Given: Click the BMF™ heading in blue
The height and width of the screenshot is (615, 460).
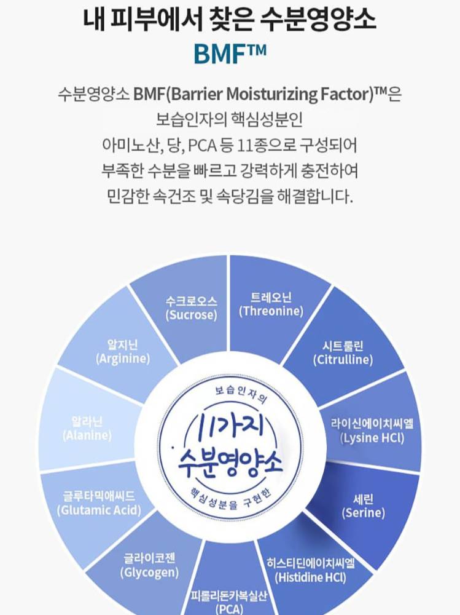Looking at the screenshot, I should [230, 53].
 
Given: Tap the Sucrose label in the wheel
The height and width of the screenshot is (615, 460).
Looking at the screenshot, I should [192, 308].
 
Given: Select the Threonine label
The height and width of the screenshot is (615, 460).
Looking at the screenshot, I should [271, 304].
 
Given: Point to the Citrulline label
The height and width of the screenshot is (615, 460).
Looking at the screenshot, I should [343, 353].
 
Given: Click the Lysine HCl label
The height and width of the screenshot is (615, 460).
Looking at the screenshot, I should [372, 430].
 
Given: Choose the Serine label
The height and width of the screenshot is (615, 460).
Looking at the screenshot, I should [364, 505].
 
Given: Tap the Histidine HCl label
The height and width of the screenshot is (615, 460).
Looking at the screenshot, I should [311, 569].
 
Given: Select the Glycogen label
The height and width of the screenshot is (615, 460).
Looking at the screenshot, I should [149, 566].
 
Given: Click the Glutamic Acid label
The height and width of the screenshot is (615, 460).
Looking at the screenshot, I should [98, 502].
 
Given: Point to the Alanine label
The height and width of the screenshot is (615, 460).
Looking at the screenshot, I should [87, 428].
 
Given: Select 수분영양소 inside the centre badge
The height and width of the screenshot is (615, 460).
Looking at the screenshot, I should [230, 460].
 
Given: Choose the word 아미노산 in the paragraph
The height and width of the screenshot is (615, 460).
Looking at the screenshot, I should [126, 147].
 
